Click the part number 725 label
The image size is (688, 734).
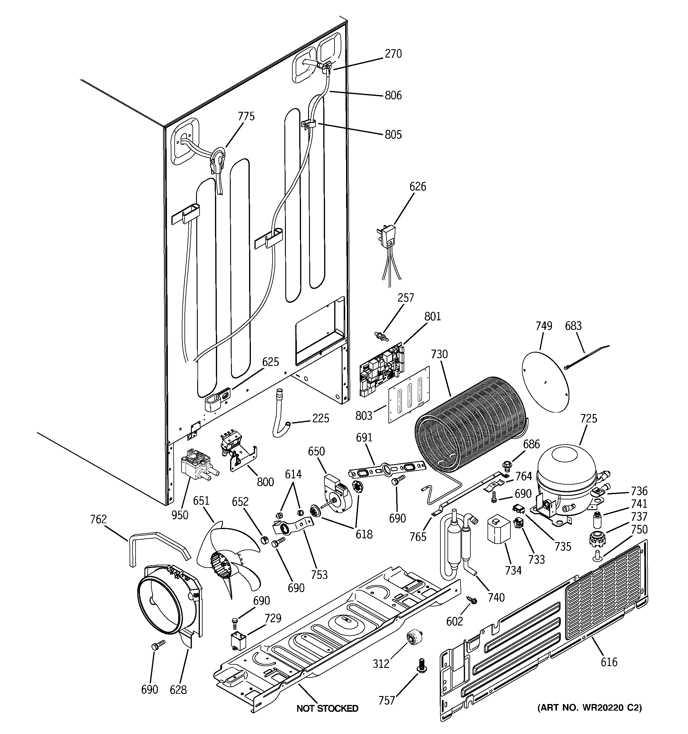[x=588, y=418]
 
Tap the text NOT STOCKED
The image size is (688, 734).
[x=327, y=708]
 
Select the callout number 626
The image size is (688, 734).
[x=417, y=187]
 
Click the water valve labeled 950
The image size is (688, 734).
[x=196, y=466]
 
